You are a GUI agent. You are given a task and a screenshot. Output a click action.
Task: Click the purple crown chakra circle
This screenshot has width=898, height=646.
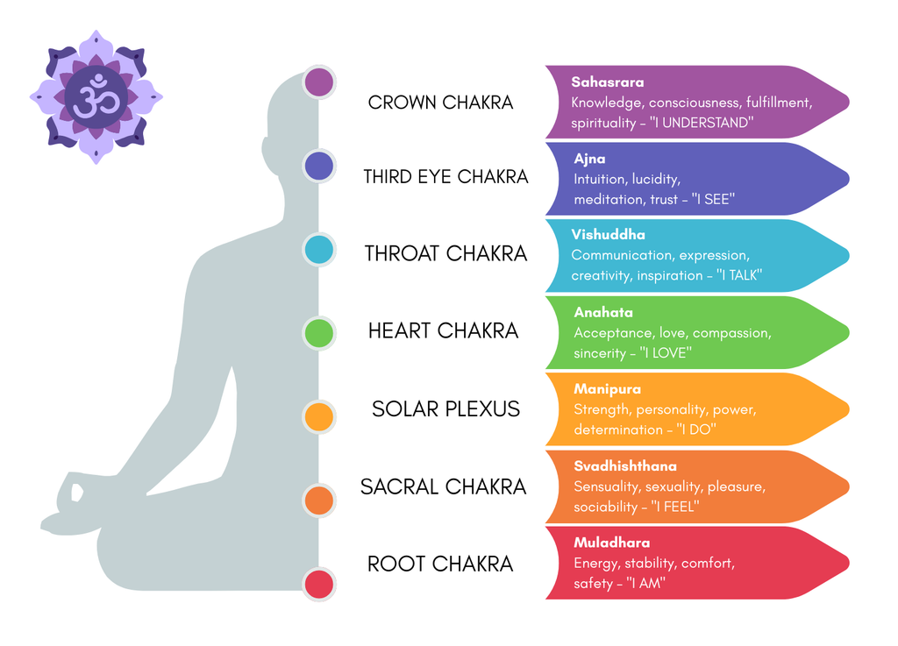[319, 82]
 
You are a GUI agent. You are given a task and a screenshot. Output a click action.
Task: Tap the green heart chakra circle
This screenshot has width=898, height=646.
[319, 333]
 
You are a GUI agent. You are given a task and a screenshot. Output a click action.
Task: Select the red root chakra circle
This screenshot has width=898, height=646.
[319, 584]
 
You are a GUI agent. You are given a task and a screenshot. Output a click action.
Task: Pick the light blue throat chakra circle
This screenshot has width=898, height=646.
[319, 250]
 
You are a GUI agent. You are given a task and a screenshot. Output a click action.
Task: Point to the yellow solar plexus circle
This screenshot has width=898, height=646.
[319, 416]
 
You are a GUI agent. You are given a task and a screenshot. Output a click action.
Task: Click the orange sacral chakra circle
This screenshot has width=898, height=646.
[319, 500]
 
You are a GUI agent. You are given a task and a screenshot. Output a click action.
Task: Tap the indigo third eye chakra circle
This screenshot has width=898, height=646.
[319, 166]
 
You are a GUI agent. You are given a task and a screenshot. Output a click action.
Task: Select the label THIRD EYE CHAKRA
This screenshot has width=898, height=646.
[445, 177]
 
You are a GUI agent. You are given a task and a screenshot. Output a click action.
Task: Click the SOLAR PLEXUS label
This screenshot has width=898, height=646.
[445, 409]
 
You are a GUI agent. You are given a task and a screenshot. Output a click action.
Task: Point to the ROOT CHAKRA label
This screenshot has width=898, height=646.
[439, 564]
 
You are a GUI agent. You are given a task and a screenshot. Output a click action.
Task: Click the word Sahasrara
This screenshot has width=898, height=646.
[608, 82]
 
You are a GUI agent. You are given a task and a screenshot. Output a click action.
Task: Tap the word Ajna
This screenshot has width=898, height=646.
[589, 160]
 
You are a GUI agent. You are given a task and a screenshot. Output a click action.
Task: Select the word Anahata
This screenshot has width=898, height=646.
[603, 313]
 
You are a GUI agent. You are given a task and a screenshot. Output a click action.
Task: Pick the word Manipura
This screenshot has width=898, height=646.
[607, 389]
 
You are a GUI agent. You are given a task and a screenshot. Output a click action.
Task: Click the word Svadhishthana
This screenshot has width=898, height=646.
[625, 466]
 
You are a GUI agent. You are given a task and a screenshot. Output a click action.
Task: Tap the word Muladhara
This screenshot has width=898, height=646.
[612, 543]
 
